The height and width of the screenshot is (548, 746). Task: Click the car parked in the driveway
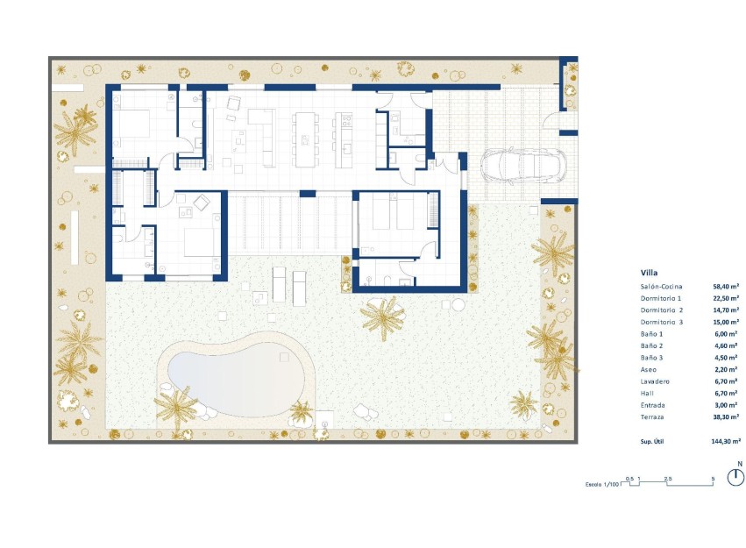(x=523, y=165)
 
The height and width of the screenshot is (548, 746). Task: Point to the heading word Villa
(x=650, y=273)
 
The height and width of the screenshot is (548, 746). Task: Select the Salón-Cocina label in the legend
(x=661, y=287)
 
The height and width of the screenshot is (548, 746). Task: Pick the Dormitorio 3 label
(x=661, y=323)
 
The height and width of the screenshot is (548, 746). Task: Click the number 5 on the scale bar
(x=713, y=478)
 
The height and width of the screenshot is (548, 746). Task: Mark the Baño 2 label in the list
(x=653, y=346)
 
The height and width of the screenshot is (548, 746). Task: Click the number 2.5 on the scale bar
(x=668, y=478)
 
